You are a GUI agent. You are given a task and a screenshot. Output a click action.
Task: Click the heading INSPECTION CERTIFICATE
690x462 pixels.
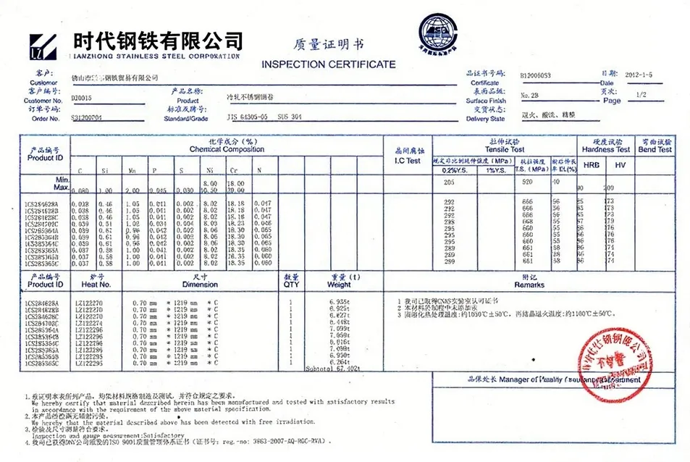(x=329, y=64)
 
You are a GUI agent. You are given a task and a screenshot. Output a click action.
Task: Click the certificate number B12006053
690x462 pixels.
(x=535, y=75)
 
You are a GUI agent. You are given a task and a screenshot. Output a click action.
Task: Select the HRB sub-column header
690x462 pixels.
(x=591, y=166)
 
